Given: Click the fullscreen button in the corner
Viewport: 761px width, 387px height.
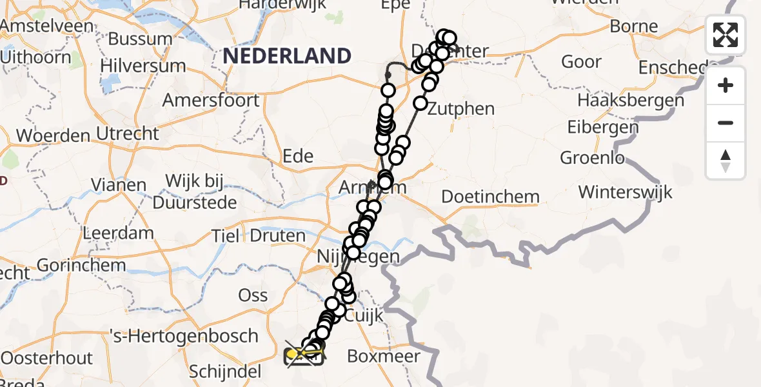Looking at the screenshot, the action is pyautogui.click(x=726, y=35).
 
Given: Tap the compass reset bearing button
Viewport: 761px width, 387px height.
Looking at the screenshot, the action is pyautogui.click(x=726, y=161).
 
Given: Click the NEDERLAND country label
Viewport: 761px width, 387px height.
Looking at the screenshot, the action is pyautogui.click(x=287, y=56).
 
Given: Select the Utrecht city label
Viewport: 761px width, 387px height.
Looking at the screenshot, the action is pyautogui.click(x=127, y=134).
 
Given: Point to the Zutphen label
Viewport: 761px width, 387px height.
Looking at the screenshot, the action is pyautogui.click(x=460, y=108).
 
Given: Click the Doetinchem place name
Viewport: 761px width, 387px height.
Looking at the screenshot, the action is pyautogui.click(x=490, y=197).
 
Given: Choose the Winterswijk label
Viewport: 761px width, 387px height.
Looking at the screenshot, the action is pyautogui.click(x=625, y=192).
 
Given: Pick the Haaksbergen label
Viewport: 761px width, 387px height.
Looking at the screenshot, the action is pyautogui.click(x=630, y=101).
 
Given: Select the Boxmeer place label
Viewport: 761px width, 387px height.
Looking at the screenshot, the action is pyautogui.click(x=383, y=356).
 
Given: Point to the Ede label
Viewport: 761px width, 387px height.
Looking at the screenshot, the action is pyautogui.click(x=299, y=156).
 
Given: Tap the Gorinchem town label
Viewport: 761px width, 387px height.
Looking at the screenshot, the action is pyautogui.click(x=81, y=265).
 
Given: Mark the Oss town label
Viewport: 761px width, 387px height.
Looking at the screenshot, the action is pyautogui.click(x=253, y=295).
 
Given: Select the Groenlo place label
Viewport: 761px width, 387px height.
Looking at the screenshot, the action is pyautogui.click(x=592, y=157).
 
